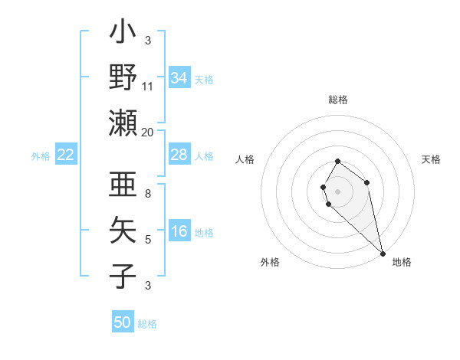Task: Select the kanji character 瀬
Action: [x=123, y=123]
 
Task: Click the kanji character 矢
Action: [x=123, y=230]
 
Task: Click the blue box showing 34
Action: [x=179, y=78]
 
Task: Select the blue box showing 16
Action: [x=179, y=232]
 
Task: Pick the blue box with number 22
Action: [x=66, y=155]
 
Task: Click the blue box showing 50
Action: [x=123, y=322]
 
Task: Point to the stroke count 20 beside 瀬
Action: [x=148, y=132]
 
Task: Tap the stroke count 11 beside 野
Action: [x=148, y=86]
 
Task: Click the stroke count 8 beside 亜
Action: [x=148, y=194]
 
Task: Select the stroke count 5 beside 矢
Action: [x=148, y=240]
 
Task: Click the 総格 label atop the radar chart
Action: [x=338, y=100]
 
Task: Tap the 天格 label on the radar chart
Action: [x=432, y=159]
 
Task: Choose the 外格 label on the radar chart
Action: [x=270, y=262]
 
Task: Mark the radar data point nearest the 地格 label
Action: [x=383, y=253]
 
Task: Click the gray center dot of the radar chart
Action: [x=338, y=191]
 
